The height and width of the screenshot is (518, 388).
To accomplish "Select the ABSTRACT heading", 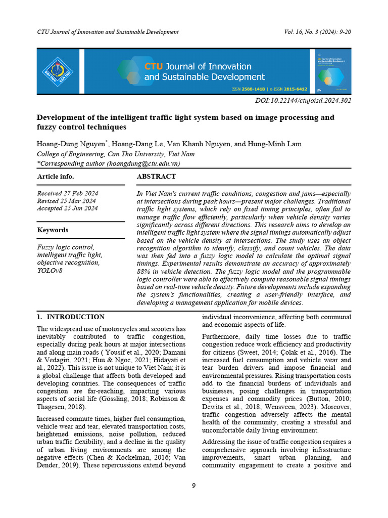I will coord(156,177).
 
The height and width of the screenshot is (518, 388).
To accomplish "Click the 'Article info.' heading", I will coord(55,177).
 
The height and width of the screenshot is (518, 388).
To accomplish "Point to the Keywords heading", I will coord(53,230).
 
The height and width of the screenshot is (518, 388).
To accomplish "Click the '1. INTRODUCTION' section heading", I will coord(71,317).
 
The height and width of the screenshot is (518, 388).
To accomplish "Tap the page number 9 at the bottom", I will coord(193,486).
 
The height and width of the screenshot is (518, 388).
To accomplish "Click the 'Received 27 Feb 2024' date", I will coord(68,193).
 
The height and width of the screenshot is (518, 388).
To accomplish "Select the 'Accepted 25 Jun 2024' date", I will coord(67,208).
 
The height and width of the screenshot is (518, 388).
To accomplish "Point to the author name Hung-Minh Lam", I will coord(272,144).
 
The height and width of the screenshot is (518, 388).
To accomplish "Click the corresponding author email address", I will coord(142,164).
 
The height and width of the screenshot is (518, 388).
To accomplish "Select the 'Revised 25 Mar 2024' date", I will coord(66,201).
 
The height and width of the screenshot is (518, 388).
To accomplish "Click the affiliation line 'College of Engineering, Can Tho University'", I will coord(108,154).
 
